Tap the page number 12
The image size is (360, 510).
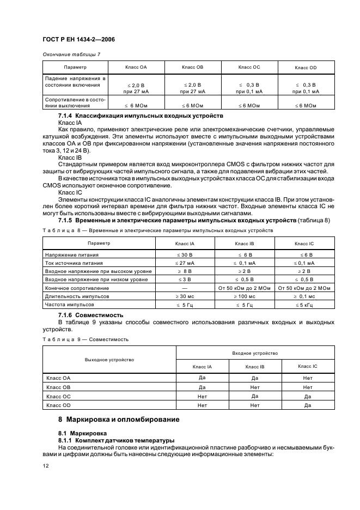pos(46,466)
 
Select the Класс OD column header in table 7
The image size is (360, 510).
pos(305,68)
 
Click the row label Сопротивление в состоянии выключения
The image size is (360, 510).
pos(75,102)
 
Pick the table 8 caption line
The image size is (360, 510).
pos(158,230)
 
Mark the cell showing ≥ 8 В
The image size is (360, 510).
pos(185,271)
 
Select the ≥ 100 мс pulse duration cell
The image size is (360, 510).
pos(244,296)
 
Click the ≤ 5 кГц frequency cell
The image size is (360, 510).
pos(305,305)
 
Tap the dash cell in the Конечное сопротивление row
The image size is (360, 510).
pos(185,288)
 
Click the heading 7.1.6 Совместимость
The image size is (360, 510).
pos(90,315)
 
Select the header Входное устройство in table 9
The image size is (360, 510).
pos(255,353)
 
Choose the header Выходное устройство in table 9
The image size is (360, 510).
pos(109,360)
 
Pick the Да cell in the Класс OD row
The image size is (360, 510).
pos(308,405)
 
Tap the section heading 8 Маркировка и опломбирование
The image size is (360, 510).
pos(123,420)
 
